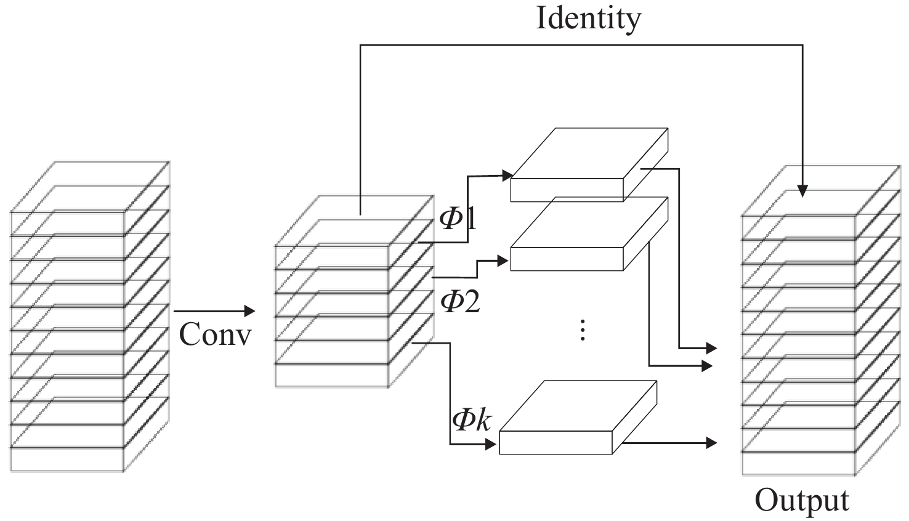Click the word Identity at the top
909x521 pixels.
pos(588,18)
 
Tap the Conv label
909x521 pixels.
pos(215,335)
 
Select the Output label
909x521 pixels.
pos(802,500)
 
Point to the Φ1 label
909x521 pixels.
pos(458,218)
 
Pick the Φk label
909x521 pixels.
pos(472,420)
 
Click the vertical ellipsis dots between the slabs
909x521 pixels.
pos(582,330)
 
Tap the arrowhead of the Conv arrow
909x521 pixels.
pos(250,311)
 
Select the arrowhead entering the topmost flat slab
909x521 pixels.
pos(509,176)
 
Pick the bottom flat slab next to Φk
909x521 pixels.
pos(578,418)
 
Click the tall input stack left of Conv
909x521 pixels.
pos(89,317)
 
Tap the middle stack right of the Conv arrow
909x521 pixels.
pos(354,293)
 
